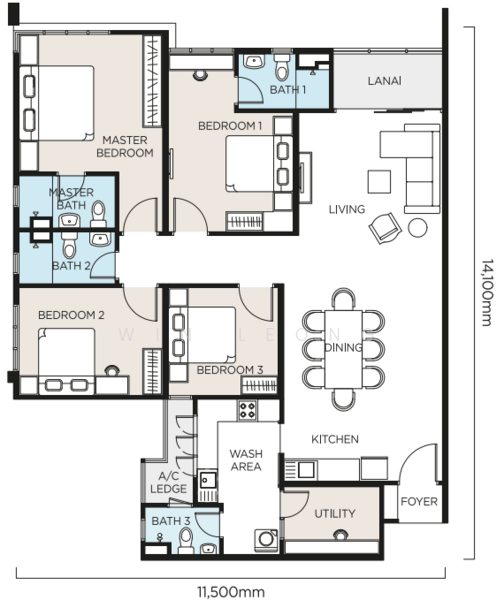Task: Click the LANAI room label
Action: point(385,81)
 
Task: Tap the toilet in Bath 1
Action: point(282,67)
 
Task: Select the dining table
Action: point(343,349)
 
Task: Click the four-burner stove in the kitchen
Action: point(247,410)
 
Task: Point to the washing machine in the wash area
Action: point(266,540)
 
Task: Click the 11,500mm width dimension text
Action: point(231,592)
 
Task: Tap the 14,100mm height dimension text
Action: point(488,293)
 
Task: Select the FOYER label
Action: point(419,501)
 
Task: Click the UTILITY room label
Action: point(335,514)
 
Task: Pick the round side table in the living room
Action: point(418,228)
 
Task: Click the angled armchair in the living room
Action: point(385,228)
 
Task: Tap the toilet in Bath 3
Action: point(186,540)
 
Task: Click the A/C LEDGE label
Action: point(168,482)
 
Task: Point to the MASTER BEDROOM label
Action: point(125,147)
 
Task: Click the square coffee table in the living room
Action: point(379,182)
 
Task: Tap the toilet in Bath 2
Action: point(69,245)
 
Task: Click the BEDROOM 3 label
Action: point(230,370)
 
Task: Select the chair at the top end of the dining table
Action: point(344,299)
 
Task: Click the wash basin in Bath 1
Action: point(254,62)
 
